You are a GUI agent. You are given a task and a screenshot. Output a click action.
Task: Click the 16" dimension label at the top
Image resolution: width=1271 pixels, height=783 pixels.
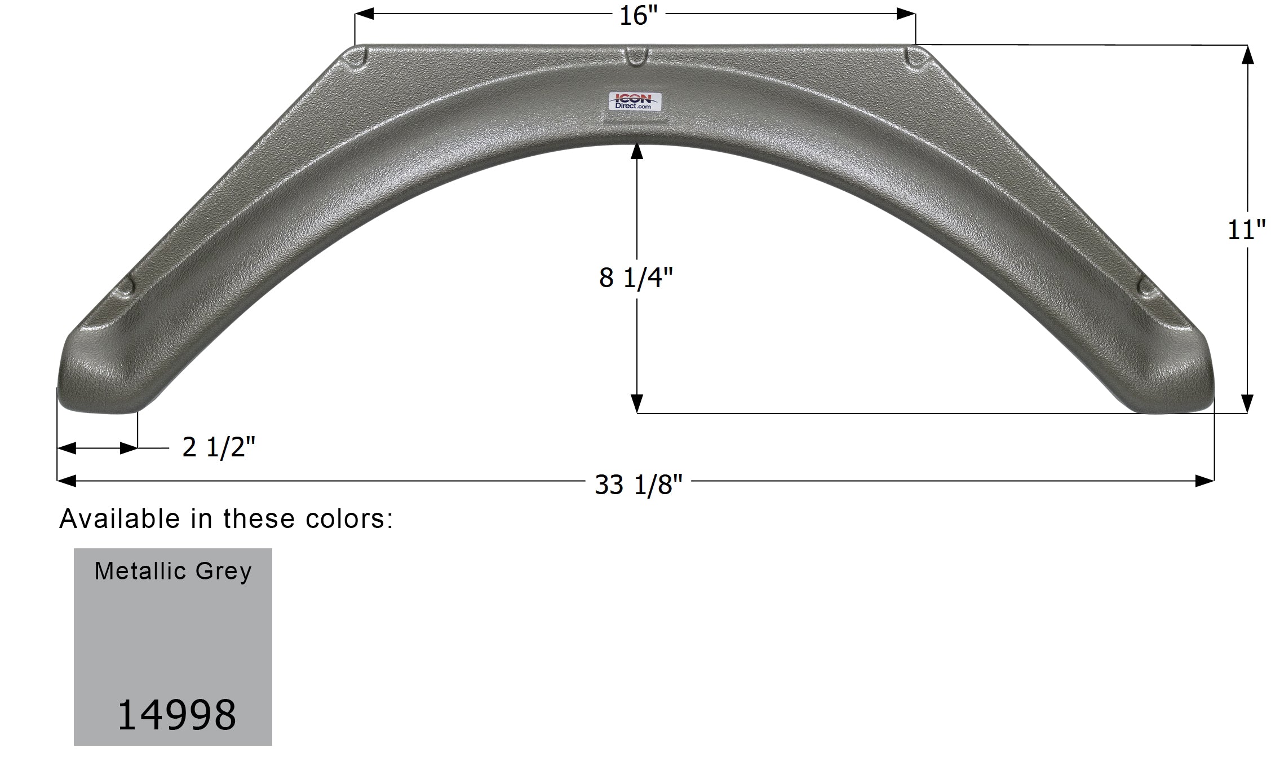[x=635, y=15]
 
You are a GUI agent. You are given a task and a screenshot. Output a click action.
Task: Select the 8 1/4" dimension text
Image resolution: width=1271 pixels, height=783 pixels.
[x=636, y=278]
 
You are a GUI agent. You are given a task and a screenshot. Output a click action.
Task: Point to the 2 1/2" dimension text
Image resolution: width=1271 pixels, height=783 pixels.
[x=219, y=448]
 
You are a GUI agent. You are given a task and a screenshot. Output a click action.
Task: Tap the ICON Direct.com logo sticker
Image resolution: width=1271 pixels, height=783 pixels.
[x=636, y=101]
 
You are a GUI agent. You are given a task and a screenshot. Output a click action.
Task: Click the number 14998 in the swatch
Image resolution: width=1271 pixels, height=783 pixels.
[x=176, y=715]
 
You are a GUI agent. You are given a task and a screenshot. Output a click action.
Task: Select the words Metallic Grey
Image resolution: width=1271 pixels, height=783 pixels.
[x=173, y=571]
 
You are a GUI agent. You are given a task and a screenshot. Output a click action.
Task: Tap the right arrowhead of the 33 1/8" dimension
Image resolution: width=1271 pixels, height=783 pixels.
[x=1205, y=481]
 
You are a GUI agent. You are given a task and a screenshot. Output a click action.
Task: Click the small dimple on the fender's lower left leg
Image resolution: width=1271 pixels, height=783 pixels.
[x=128, y=285]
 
